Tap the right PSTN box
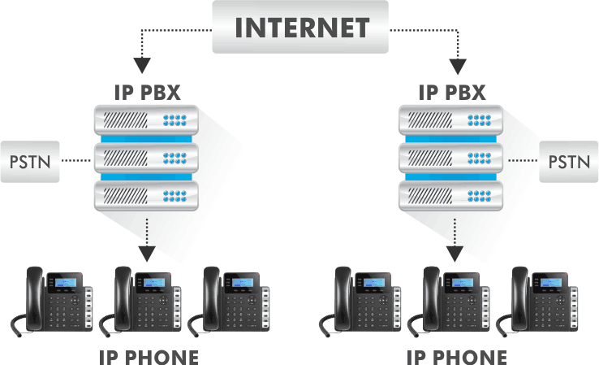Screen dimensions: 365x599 coord(568,160)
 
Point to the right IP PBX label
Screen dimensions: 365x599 coord(452,90)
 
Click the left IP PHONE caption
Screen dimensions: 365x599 coord(148,356)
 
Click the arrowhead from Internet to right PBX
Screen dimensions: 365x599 coord(460,63)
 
